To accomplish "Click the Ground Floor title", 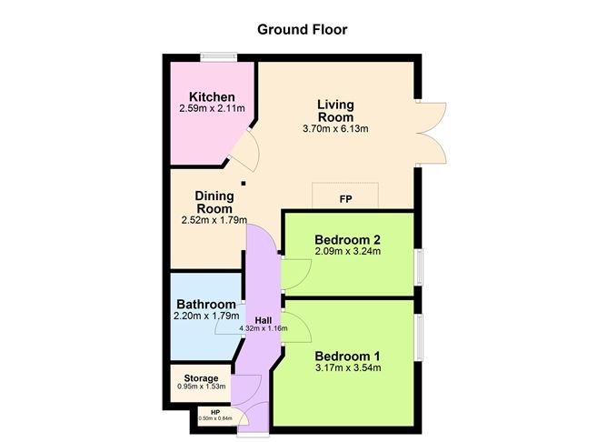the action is tap(303, 29).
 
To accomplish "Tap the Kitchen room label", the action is tap(212, 96).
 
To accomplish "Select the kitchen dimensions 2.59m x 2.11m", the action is tap(212, 108).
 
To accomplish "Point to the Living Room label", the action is tap(335, 111).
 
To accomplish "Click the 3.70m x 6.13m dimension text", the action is tap(335, 128).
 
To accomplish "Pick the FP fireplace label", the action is tap(345, 199).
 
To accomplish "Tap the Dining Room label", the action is tap(214, 202).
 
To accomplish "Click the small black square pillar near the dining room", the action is tap(244, 183).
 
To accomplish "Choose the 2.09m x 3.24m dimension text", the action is tap(348, 251).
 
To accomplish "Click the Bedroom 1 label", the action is tap(347, 356).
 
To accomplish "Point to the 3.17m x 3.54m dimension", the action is tap(348, 368).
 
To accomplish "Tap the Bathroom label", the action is tap(206, 304).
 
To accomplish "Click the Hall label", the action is tap(264, 321).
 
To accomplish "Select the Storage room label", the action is tap(201, 378).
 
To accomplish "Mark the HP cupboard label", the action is tap(215, 413).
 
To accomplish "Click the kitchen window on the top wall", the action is tap(219, 56).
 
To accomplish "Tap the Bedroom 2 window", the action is tap(419, 266).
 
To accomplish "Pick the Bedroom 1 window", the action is tap(419, 337).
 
